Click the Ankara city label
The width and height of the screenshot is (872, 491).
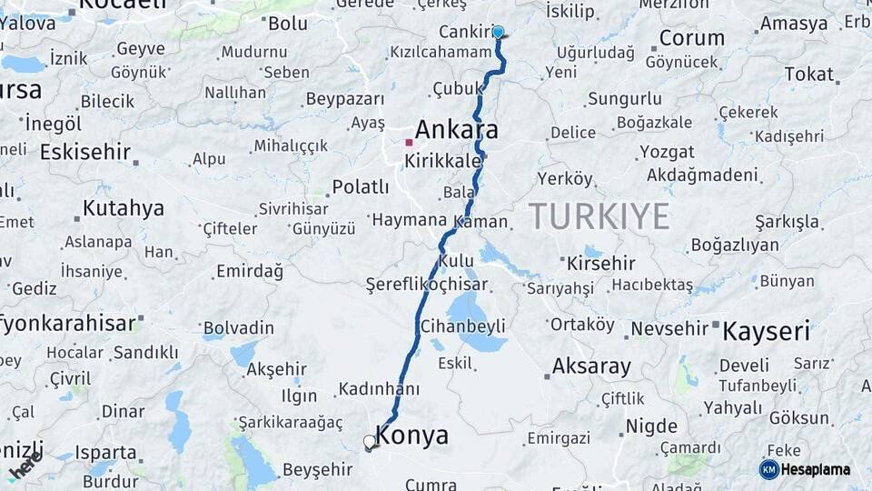(x=456, y=130)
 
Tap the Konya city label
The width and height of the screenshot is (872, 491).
(x=411, y=436)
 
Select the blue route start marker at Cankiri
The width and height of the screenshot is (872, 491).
(x=498, y=33)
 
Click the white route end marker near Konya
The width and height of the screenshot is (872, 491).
(x=370, y=442)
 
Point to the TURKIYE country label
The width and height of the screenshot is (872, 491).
(x=599, y=216)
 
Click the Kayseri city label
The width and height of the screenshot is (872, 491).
(x=766, y=331)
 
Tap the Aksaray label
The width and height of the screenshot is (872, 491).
(x=591, y=367)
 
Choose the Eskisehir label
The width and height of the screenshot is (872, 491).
(x=85, y=152)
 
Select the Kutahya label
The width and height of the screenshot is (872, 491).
(x=123, y=208)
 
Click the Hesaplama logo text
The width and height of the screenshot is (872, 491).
(x=815, y=469)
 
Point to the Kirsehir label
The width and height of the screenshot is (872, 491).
(x=600, y=263)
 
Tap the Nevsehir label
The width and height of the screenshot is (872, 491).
(x=669, y=327)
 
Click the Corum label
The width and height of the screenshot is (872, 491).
(x=691, y=38)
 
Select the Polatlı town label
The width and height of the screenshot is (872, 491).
(x=360, y=186)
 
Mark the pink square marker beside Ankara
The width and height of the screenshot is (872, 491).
(x=410, y=142)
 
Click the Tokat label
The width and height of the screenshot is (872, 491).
(x=808, y=74)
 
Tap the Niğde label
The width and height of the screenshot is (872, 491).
(x=651, y=426)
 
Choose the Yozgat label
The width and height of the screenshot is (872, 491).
(x=666, y=152)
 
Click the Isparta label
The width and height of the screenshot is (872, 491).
(x=105, y=452)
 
